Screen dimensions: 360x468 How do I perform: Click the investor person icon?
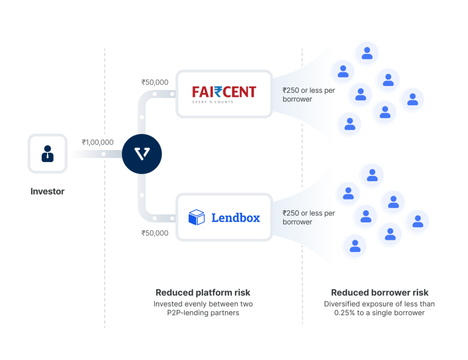tap(48, 154)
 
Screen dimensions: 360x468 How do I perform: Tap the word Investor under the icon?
tap(48, 192)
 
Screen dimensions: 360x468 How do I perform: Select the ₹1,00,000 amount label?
tap(98, 142)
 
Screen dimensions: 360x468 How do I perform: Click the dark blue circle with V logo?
tap(142, 154)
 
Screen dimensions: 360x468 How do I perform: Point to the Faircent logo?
tap(224, 94)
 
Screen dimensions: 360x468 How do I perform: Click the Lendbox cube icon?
tap(197, 217)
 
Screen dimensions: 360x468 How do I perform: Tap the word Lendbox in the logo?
tap(235, 218)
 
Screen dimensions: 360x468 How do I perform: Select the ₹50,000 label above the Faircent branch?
tap(155, 82)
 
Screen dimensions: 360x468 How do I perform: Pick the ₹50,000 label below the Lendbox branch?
tap(155, 233)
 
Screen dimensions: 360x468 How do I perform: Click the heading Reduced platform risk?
tap(203, 292)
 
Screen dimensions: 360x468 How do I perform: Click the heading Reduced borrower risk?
tap(380, 292)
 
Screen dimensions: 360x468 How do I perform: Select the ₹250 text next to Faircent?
tap(292, 91)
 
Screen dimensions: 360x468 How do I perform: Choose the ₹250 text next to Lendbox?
tap(292, 213)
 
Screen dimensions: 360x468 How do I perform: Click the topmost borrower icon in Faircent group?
tap(367, 53)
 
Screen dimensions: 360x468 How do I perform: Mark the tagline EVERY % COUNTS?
tap(213, 102)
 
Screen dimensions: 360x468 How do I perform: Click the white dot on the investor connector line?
tap(103, 154)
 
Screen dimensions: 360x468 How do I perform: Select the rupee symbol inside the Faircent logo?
tap(217, 92)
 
